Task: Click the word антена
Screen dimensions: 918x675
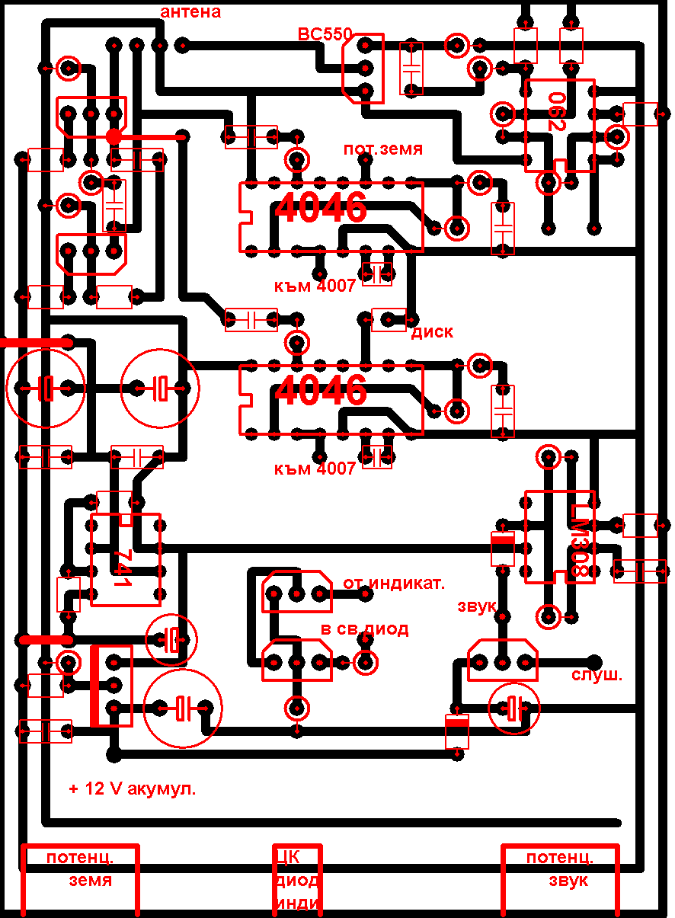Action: point(190,11)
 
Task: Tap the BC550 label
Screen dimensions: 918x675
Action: point(325,34)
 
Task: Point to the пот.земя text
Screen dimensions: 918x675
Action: point(382,149)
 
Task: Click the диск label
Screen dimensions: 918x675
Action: point(432,332)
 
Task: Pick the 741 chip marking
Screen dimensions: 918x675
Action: point(122,568)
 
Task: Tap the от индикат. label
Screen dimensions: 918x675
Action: point(393,584)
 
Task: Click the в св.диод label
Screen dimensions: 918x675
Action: point(364,629)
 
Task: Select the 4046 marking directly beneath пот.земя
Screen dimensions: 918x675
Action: point(321,208)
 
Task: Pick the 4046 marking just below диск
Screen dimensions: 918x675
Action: point(321,390)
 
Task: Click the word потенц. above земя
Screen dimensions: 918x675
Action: point(80,857)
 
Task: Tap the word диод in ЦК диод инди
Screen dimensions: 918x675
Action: point(297,881)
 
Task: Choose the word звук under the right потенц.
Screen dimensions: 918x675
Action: point(568,881)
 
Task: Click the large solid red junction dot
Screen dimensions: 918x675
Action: point(114,136)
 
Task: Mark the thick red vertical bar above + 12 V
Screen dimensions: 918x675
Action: point(95,686)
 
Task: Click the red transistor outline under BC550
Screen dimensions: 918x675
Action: point(363,69)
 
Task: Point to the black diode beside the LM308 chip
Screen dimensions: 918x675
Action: point(502,548)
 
